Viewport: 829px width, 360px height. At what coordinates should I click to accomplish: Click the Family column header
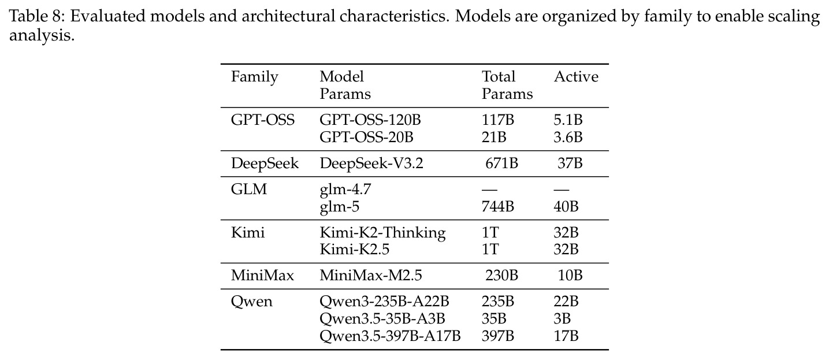tap(255, 77)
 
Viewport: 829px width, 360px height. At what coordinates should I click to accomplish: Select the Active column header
tap(576, 77)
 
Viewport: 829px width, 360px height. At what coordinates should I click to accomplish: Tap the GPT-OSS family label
tap(263, 120)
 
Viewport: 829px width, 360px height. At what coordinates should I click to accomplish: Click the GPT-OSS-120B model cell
tap(370, 120)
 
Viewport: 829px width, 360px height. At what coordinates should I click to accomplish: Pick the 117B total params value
tap(498, 120)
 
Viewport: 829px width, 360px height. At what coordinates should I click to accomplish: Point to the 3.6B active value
tap(568, 138)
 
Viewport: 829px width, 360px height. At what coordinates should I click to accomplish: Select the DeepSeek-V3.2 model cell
tap(371, 164)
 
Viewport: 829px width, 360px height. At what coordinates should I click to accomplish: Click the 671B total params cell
tap(501, 164)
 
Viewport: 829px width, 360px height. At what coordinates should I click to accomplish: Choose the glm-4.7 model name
tap(345, 190)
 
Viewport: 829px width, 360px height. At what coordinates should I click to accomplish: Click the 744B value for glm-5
tap(498, 207)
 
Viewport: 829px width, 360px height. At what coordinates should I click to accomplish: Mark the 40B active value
tap(566, 207)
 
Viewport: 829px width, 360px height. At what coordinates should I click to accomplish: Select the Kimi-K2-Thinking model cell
tap(382, 233)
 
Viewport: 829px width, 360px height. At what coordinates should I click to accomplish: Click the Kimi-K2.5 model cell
tap(355, 250)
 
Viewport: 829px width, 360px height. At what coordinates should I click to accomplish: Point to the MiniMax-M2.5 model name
tap(371, 276)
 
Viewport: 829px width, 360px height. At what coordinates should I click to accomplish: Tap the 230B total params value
tap(501, 276)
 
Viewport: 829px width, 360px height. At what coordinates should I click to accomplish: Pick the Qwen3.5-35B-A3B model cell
tap(382, 319)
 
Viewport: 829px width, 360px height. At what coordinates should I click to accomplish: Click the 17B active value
tap(566, 336)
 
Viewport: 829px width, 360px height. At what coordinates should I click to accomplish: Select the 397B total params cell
tap(498, 336)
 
